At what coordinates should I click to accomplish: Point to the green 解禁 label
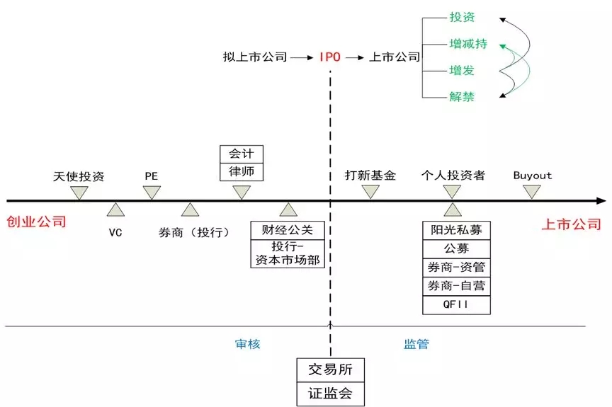tap(462, 97)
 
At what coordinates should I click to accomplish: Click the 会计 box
tap(241, 154)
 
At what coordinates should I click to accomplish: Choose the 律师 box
tap(241, 171)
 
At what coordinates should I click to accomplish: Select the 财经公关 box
tap(287, 230)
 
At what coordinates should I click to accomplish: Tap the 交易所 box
tap(330, 369)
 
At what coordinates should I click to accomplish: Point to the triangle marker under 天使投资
tap(79, 192)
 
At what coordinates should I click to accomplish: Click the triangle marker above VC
tap(115, 209)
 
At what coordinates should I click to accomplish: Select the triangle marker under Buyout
tap(532, 192)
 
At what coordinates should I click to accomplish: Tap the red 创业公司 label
tap(36, 222)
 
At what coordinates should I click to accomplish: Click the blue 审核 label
tap(248, 344)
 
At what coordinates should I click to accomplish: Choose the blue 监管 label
tap(416, 344)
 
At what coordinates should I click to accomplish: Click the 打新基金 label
tap(370, 176)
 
